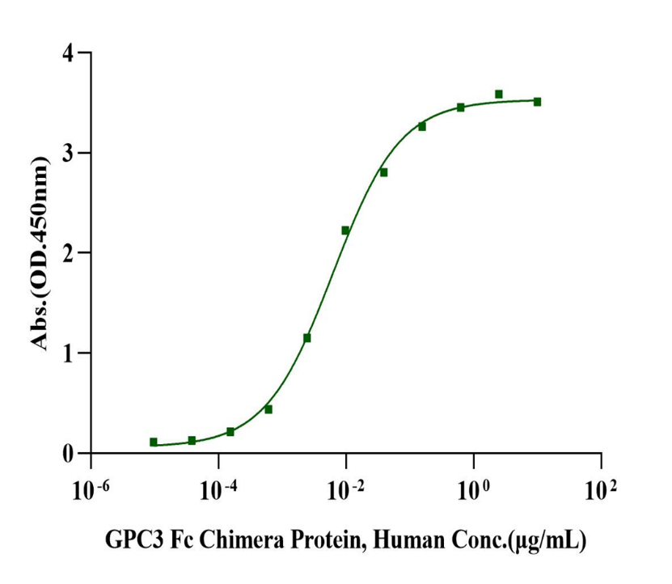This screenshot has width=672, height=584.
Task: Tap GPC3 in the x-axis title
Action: point(128,540)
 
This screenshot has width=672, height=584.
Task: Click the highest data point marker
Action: point(499,95)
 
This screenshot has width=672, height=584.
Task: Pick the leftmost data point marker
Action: point(154,442)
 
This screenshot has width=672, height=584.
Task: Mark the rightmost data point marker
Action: point(537,102)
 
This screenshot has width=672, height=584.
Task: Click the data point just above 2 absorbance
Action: point(345,231)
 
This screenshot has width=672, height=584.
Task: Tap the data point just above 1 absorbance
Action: point(307,338)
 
